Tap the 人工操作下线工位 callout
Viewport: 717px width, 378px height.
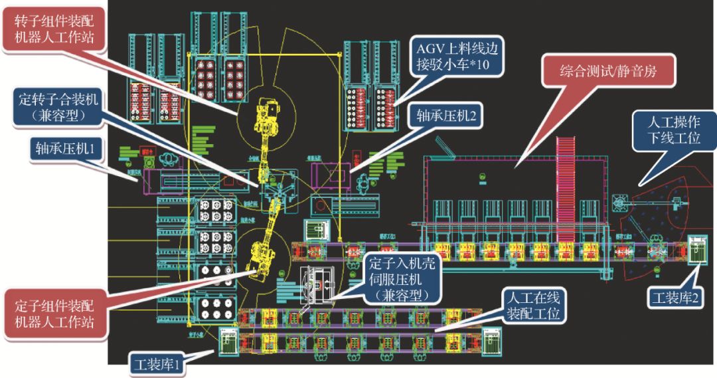(677, 132)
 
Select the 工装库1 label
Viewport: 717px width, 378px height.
(157, 363)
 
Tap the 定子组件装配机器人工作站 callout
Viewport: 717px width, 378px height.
(54, 315)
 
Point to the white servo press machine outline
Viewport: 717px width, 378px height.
(319, 286)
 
